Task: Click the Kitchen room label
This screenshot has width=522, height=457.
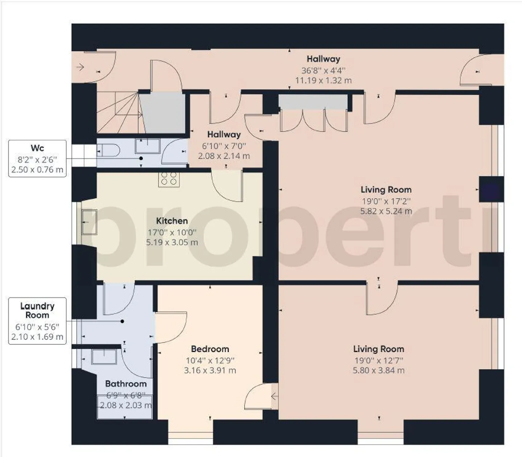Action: tap(172, 221)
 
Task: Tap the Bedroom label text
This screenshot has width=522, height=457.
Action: tap(210, 349)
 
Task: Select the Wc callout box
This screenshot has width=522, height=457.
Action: tap(37, 158)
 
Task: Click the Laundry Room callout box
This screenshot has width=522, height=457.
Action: tap(37, 321)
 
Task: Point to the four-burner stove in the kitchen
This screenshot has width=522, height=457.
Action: tap(169, 178)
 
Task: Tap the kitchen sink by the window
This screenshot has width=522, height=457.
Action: tap(89, 222)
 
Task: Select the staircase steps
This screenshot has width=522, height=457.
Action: tap(118, 112)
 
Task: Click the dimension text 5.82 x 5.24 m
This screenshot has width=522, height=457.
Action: tap(386, 211)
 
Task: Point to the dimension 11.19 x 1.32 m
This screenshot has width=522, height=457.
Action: tap(323, 81)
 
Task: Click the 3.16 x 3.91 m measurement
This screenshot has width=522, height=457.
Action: tap(210, 370)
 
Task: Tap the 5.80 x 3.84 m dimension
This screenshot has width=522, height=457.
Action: tap(378, 370)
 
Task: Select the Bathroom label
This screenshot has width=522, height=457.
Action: tap(126, 384)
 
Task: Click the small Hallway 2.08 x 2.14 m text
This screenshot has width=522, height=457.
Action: tap(224, 156)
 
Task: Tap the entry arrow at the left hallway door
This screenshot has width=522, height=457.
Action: tap(80, 67)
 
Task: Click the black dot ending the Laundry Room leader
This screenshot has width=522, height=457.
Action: tap(123, 321)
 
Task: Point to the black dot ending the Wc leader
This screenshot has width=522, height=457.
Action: tap(141, 158)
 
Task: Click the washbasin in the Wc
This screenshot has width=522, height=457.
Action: tap(148, 146)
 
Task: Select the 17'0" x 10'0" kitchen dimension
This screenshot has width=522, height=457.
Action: tap(172, 232)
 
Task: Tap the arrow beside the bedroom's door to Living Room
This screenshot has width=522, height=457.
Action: tap(274, 397)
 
